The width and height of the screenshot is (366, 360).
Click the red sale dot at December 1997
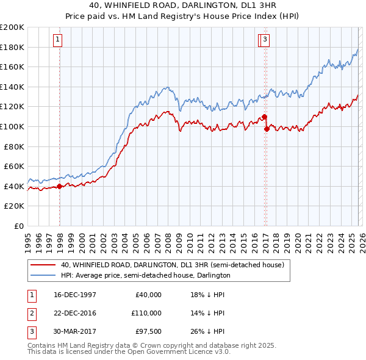tap(59, 186)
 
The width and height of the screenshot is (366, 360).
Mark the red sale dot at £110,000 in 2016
tap(264, 117)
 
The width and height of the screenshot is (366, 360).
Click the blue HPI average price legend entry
tap(145, 275)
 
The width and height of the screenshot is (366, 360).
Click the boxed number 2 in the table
tap(31, 313)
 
